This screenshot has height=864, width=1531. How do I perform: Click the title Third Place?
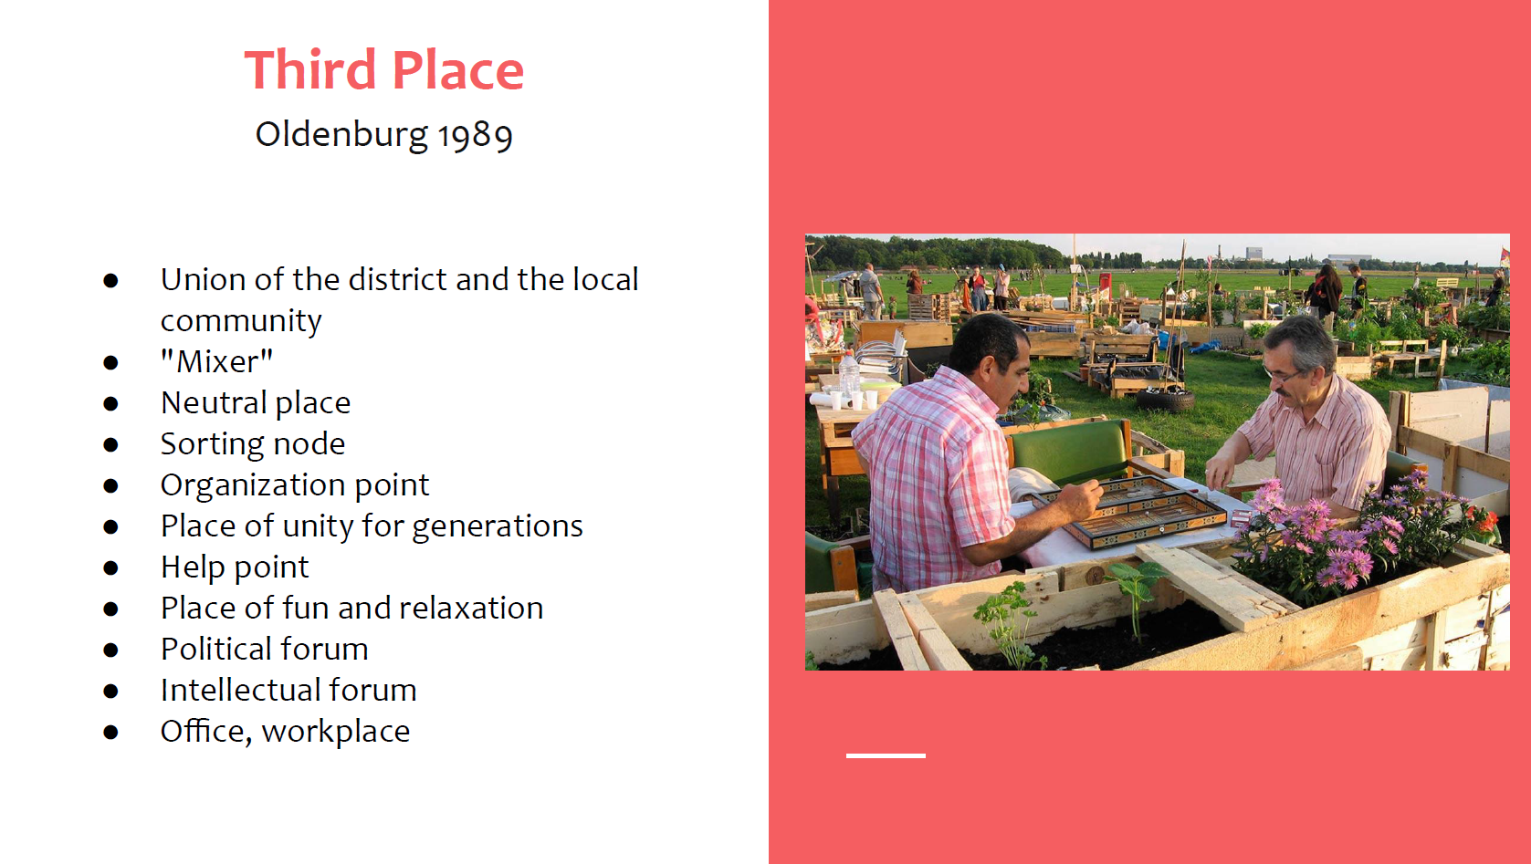point(384,69)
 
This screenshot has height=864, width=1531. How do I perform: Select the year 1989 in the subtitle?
point(475,134)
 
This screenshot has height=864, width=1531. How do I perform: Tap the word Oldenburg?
point(341,134)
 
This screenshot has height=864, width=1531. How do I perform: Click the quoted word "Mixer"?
point(216,360)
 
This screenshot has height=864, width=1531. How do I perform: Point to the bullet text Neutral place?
point(256,402)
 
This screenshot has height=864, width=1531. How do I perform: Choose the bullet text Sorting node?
point(253,444)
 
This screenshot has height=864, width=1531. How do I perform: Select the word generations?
point(498,526)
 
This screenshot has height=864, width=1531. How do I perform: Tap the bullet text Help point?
point(235,567)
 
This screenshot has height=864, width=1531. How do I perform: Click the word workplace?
point(336,732)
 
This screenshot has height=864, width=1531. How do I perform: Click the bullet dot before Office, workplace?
point(110,733)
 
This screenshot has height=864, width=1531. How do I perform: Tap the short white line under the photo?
point(886,755)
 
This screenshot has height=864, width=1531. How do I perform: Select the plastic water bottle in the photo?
point(849,374)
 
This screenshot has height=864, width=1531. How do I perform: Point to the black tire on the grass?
point(1165,400)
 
